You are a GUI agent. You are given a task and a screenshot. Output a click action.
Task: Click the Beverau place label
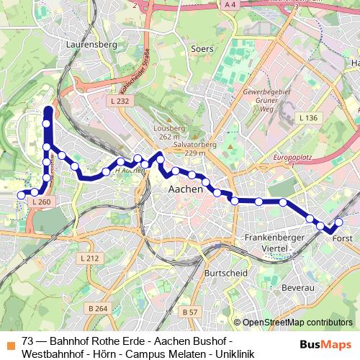coord(300,287)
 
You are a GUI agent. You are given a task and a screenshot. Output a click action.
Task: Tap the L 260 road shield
coord(42,203)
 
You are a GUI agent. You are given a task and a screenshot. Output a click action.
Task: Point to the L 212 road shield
coord(89,258)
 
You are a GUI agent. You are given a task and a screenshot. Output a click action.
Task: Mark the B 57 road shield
coord(189,312)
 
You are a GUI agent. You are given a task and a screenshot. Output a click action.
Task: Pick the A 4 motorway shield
coord(230,6)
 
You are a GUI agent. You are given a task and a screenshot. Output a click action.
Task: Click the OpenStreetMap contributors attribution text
coord(297,323)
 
